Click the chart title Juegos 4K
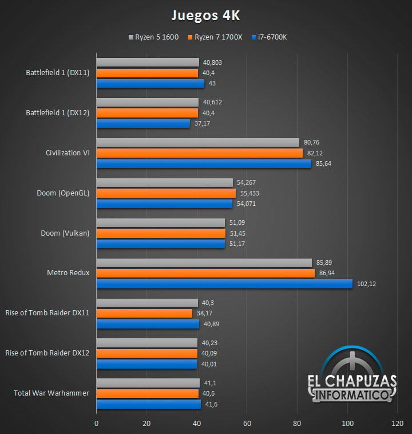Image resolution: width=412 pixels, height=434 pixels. point(206,14)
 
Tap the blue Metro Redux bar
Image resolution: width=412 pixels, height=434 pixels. point(224,284)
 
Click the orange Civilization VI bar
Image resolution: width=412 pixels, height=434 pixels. point(199,153)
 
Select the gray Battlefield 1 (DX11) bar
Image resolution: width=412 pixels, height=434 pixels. point(148,62)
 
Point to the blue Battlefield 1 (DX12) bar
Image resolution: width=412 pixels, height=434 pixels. point(143,123)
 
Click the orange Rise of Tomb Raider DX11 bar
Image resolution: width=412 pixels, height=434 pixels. point(144,314)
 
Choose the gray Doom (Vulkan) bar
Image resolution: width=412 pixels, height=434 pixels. point(160,222)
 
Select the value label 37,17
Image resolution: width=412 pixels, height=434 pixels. point(202,123)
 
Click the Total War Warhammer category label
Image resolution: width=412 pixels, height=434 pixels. point(51,393)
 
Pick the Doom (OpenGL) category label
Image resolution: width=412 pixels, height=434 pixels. point(63,193)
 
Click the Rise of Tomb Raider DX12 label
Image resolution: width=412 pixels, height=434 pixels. point(47,353)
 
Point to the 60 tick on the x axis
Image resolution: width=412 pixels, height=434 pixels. point(247,424)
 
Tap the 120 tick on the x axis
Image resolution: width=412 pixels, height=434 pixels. point(397,424)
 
